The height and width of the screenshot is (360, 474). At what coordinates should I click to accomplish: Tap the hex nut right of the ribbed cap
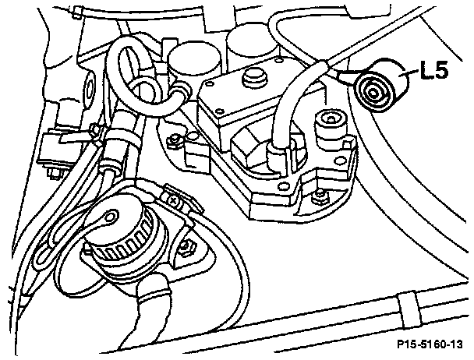pos(187,248)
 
